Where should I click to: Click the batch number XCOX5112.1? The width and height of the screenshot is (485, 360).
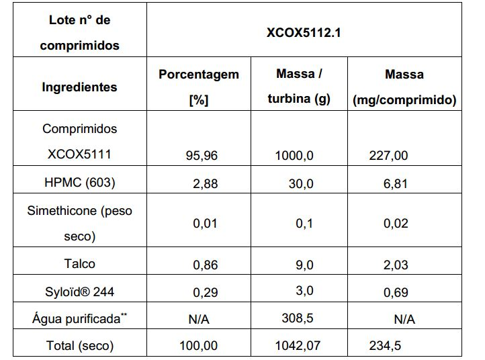point(304,32)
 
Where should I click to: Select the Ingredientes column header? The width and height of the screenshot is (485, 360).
point(79,87)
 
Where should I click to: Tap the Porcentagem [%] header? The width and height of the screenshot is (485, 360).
point(199,87)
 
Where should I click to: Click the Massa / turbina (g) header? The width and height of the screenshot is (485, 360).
point(299,86)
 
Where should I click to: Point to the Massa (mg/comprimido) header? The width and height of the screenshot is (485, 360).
point(404,87)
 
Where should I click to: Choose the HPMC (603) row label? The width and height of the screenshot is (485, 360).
point(80,182)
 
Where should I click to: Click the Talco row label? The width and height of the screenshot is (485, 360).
point(79,264)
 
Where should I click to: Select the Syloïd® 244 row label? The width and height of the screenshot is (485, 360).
point(79,291)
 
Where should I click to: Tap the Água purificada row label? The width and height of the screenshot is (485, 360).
point(79,318)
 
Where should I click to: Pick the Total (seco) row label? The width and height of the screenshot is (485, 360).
point(80,345)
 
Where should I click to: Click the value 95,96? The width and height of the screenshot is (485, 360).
point(202,155)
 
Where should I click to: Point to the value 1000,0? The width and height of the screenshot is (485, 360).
point(294,155)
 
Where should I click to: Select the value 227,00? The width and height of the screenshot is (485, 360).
point(388,155)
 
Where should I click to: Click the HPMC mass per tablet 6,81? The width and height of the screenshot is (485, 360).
point(395,184)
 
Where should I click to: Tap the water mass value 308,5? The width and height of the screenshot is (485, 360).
point(298,318)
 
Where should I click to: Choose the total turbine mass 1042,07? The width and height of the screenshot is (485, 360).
point(298,345)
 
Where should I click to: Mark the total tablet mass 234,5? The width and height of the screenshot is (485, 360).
point(385,345)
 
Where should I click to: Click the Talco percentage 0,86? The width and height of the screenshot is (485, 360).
point(206,265)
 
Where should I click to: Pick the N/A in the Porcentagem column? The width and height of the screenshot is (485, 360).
point(199,319)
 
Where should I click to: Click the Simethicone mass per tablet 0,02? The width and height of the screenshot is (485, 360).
point(396,223)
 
